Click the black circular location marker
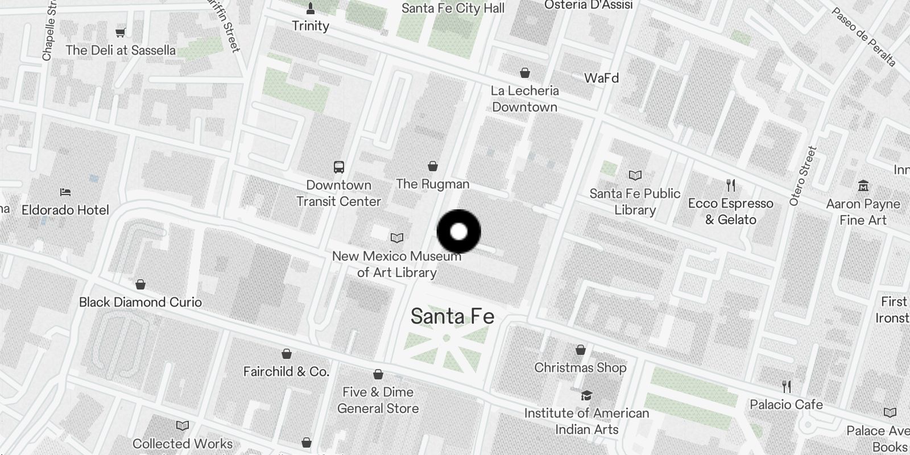[x=458, y=231]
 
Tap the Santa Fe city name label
[x=452, y=316]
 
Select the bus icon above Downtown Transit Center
[x=339, y=167]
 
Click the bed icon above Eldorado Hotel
[x=65, y=192]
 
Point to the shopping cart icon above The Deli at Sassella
[x=121, y=32]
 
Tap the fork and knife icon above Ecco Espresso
[x=731, y=185]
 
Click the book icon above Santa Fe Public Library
[x=635, y=175]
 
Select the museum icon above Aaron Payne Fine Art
[x=863, y=185]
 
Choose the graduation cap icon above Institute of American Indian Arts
[x=586, y=395]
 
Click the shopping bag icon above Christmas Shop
[x=580, y=349]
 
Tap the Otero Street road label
[x=803, y=176]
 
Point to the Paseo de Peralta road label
[x=863, y=37]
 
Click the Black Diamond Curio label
[x=140, y=302]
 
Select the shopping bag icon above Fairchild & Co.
[x=287, y=354]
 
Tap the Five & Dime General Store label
[x=378, y=400]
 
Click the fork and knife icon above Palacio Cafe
[x=787, y=387]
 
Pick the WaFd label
[x=601, y=78]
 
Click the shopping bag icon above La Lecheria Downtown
[x=525, y=73]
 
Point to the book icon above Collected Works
[x=183, y=425]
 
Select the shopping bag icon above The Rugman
[x=433, y=166]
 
